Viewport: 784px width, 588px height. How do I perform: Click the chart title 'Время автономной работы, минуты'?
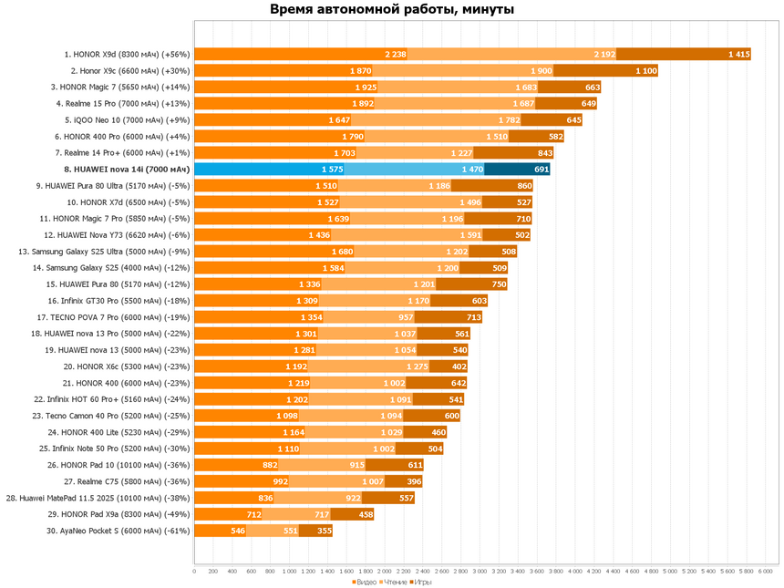point(392,10)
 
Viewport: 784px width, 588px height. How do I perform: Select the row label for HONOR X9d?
point(127,54)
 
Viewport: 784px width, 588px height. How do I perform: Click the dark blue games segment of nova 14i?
point(517,169)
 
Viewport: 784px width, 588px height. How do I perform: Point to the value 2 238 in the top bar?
point(396,54)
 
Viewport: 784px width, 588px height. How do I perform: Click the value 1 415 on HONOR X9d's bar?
point(738,54)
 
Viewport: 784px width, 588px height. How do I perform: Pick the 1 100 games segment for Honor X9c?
point(645,70)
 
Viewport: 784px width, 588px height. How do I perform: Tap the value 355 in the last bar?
point(324,530)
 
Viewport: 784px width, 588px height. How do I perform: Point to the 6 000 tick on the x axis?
point(766,572)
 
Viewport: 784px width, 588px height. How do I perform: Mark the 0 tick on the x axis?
point(194,572)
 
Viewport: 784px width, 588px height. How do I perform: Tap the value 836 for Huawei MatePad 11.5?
point(265,497)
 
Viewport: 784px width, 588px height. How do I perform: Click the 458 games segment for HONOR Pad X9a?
point(365,513)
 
